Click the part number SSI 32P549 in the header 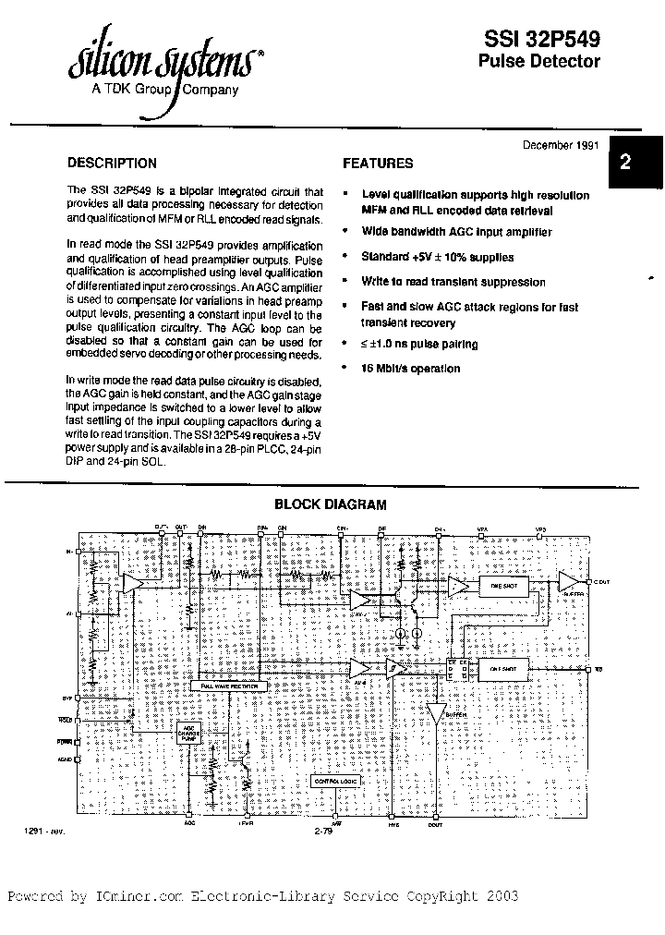[x=542, y=39]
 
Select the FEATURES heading [x=378, y=164]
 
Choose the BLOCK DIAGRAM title [x=331, y=504]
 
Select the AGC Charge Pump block [x=189, y=734]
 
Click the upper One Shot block [x=502, y=585]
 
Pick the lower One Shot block [x=502, y=668]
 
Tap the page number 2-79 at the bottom [x=322, y=832]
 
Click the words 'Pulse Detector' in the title [x=538, y=62]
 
